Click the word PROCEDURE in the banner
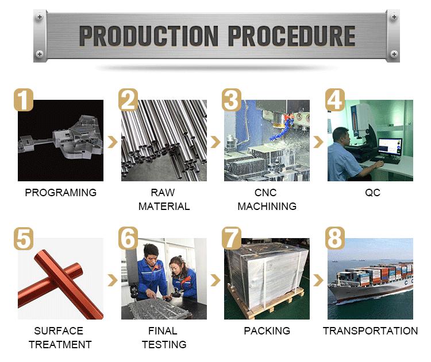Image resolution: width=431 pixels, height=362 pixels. (291, 36)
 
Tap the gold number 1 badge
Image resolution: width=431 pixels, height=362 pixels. (24, 100)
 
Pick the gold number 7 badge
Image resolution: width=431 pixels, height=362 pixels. (230, 238)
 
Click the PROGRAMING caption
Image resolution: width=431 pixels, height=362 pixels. (60, 193)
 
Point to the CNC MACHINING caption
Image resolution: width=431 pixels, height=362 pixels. (267, 200)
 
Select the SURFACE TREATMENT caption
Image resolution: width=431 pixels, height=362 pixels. (60, 337)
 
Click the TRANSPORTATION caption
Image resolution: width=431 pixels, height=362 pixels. (370, 331)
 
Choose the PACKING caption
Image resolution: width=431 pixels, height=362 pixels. (267, 331)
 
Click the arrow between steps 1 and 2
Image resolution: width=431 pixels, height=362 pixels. (112, 142)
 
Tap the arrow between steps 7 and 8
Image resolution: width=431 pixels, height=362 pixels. (318, 280)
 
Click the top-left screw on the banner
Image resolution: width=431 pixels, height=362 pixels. (40, 17)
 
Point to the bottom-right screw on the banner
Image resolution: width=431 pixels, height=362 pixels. (394, 54)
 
